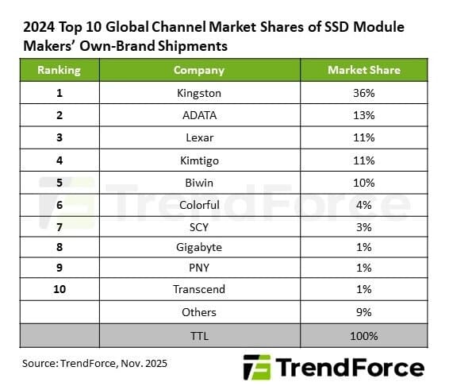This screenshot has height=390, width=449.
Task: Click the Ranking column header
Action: tap(59, 70)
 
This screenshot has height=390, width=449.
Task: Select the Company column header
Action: tap(198, 70)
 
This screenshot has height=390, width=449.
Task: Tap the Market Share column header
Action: tap(364, 70)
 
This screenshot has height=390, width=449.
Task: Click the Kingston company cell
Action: tap(198, 92)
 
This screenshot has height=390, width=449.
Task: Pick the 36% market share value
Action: tap(364, 92)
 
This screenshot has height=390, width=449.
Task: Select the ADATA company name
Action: tap(198, 114)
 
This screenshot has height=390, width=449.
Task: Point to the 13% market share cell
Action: tap(364, 114)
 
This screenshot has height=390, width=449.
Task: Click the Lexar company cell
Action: tap(198, 137)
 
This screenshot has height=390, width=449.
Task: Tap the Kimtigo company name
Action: tap(198, 159)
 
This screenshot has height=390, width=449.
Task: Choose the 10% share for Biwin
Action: tap(364, 181)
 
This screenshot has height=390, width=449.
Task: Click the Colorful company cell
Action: tap(198, 203)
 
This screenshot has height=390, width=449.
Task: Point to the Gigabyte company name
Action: tap(198, 247)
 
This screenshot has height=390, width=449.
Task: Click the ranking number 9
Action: tap(59, 268)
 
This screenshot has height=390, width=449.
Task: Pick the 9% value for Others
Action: tap(364, 312)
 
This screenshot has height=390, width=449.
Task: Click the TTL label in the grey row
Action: tap(198, 335)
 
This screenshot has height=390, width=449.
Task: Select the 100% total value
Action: tap(364, 335)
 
